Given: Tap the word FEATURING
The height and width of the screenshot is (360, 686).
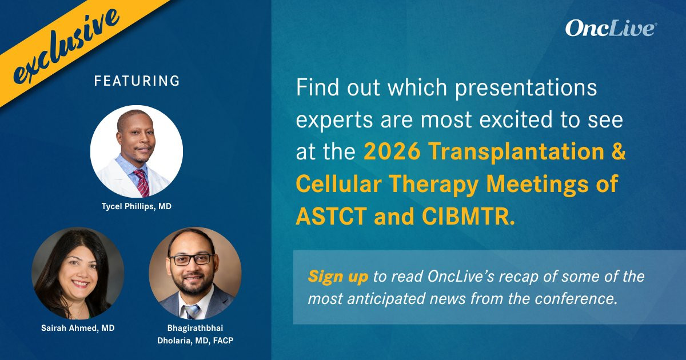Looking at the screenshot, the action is coord(137,81).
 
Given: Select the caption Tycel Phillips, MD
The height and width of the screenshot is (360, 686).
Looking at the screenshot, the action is coord(137,206).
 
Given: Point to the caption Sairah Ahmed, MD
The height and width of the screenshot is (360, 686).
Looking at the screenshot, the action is coord(78,328).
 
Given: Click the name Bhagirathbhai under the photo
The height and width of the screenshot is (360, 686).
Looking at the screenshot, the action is coord(195,328).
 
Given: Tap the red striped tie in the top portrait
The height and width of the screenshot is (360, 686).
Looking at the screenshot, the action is coord(142,182).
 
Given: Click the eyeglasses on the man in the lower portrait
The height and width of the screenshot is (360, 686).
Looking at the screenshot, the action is coord(191,259).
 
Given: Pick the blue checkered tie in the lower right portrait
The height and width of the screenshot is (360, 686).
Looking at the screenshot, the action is coord(192,311).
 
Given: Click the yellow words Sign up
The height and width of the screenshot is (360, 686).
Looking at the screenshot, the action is coord(338,277).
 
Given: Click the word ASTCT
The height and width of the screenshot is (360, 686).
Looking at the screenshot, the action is coord(332,217).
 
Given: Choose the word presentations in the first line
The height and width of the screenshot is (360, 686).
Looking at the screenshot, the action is coord(526,89).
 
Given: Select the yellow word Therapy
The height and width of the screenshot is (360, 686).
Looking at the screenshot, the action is coord(433,184).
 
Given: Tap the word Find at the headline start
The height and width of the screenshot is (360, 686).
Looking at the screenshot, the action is coord(318,87).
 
